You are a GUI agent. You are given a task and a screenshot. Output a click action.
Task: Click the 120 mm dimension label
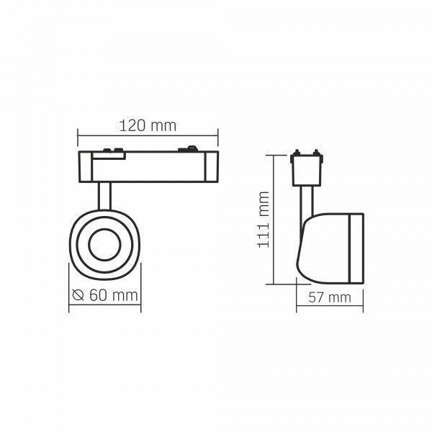[x=148, y=126]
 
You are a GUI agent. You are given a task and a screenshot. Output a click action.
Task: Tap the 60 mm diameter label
[x=114, y=295]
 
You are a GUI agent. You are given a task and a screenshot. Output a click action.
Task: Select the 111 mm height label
[x=264, y=220]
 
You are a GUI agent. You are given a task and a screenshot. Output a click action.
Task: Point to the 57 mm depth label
[x=330, y=297]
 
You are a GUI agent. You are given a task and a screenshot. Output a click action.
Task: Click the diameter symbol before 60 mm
[x=78, y=295]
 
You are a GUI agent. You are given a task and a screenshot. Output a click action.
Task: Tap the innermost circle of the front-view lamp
[x=104, y=244]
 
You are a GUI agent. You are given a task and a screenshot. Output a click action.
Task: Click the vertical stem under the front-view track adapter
[x=104, y=196]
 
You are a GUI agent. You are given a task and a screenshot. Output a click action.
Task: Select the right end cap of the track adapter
[x=211, y=166]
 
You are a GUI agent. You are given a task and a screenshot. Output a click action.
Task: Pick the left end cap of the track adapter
[x=86, y=166]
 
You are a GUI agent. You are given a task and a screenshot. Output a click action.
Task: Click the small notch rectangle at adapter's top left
[x=109, y=156]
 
